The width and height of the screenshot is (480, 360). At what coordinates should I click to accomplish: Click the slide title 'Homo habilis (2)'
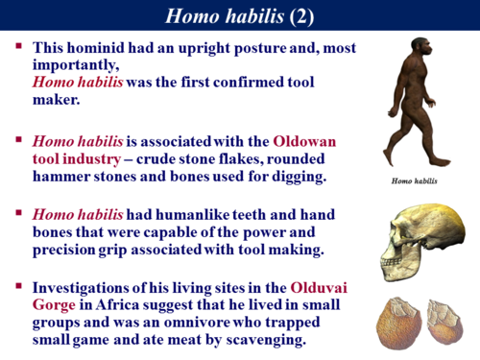click(240, 15)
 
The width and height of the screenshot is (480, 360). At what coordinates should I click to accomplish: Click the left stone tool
click(395, 322)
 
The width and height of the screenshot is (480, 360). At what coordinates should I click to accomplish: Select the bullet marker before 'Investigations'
click(18, 285)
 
